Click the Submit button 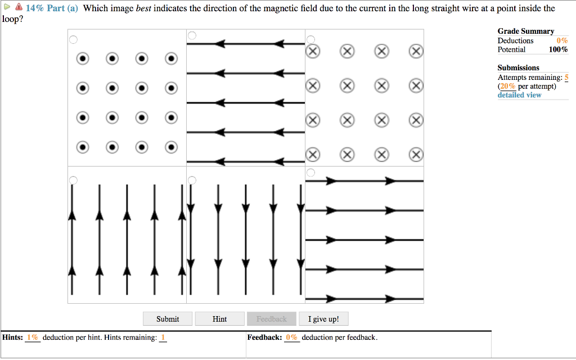pos(168,319)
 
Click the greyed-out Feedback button pos(271,319)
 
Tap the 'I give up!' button pos(323,319)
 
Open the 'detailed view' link pos(519,95)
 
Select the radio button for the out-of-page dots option pos(73,39)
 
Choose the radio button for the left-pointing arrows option pos(192,35)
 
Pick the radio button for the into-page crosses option pos(311,39)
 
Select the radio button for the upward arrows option pos(73,179)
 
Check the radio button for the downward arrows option pos(192,179)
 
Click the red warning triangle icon pos(19,8)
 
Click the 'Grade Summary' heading pos(525,31)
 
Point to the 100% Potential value pos(558,49)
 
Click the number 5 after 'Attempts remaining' pos(566,77)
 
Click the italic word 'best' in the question pos(145,8)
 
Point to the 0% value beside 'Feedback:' pos(291,337)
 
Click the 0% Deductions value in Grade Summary pos(562,40)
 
